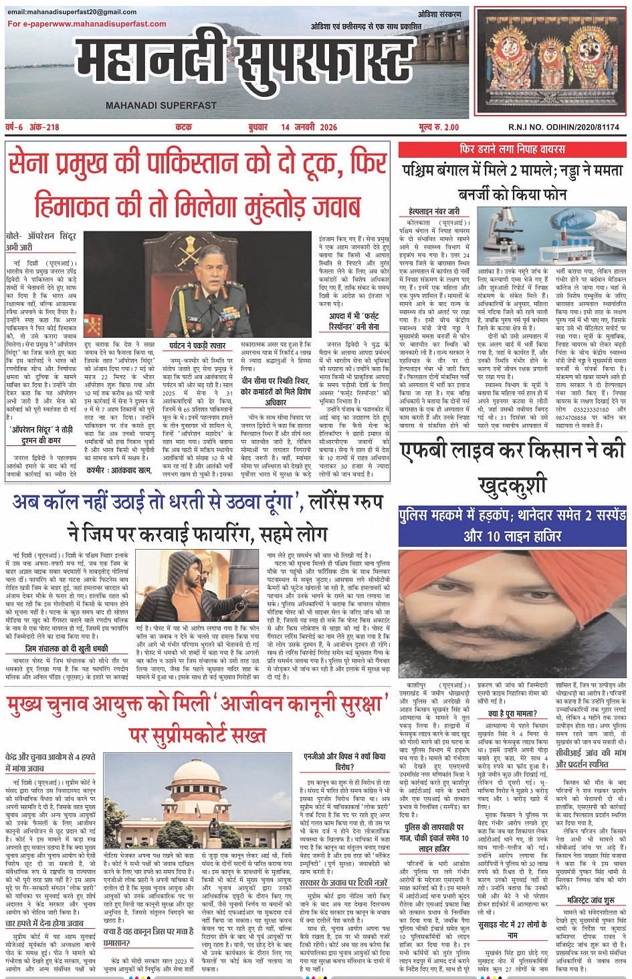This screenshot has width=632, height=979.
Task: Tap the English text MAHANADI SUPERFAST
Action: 161,106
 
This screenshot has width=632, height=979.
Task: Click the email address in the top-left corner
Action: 72,12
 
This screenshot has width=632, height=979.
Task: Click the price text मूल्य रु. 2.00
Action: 439,127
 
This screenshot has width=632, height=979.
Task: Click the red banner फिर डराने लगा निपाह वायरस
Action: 512,149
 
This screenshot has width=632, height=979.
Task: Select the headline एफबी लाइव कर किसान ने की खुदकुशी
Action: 512,468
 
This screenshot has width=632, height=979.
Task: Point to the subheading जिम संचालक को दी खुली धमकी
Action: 66,648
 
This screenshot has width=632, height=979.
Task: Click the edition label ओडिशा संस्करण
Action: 440,14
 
